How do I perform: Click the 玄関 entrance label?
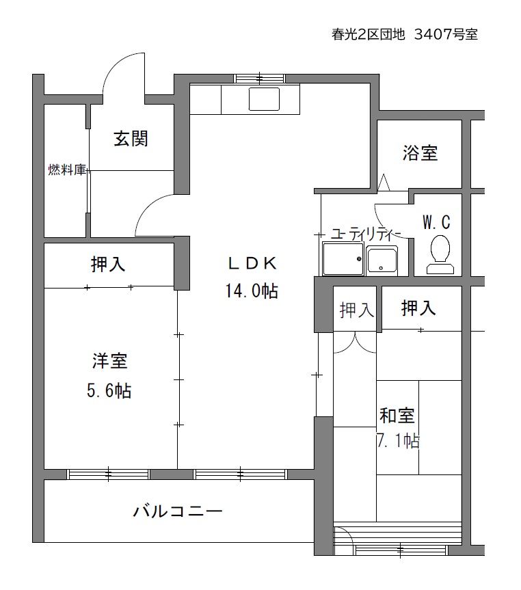(131, 139)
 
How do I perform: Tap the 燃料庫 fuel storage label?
(67, 170)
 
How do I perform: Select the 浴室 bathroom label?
(420, 153)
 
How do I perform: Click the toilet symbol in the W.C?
(440, 254)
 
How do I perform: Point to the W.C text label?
(437, 222)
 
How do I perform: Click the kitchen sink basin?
(264, 99)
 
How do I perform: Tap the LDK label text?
(252, 263)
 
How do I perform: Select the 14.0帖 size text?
(252, 291)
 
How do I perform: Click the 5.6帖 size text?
(109, 390)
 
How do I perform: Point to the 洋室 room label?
(110, 361)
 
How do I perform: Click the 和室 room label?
(397, 416)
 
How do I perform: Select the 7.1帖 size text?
(399, 440)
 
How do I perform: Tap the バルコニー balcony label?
(178, 511)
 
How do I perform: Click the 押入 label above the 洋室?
(108, 264)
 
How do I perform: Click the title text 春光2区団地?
(368, 35)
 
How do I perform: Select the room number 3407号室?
(446, 35)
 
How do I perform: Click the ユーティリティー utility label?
(365, 234)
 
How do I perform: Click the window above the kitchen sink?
(259, 78)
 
